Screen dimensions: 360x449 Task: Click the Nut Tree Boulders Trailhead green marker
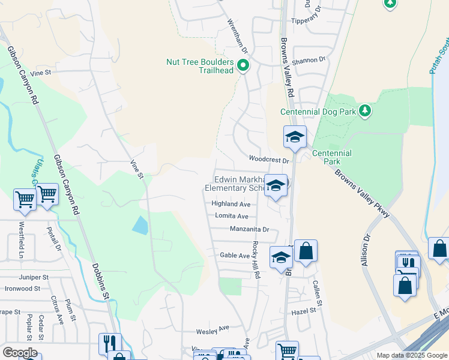coord(243,65)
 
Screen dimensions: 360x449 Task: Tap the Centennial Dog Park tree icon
coord(364,110)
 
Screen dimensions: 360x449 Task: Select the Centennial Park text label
coord(331,157)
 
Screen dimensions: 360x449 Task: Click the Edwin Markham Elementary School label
coord(236,184)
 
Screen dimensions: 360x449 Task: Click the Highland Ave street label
coord(231,204)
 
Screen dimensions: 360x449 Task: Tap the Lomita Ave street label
coord(230,216)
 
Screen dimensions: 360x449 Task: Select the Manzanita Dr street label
coord(250,229)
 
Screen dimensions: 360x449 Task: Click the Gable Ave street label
coord(234,255)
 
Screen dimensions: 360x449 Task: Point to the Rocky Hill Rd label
coord(256,259)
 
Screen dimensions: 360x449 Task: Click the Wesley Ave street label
coord(213,329)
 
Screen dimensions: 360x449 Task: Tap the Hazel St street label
coord(304,311)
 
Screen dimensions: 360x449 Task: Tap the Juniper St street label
coord(34,277)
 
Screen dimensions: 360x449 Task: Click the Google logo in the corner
coord(20,352)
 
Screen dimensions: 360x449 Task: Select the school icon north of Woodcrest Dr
coord(295,137)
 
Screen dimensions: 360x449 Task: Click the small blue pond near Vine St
coord(139,225)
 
